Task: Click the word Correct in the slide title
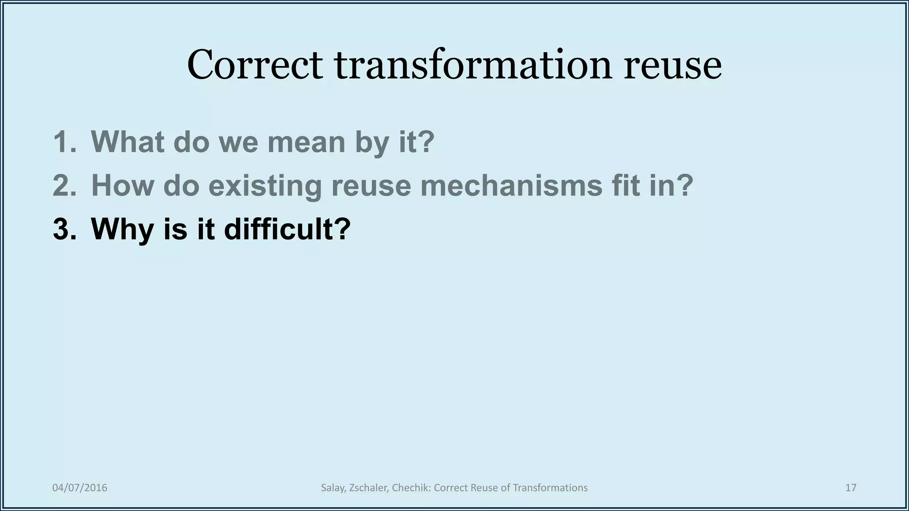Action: coord(255,65)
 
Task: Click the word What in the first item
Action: coord(127,142)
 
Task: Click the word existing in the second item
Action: coord(265,186)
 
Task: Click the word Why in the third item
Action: coord(123,230)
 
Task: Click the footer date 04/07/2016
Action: coord(80,488)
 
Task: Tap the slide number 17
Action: coord(850,488)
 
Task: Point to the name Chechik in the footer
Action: coord(411,488)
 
